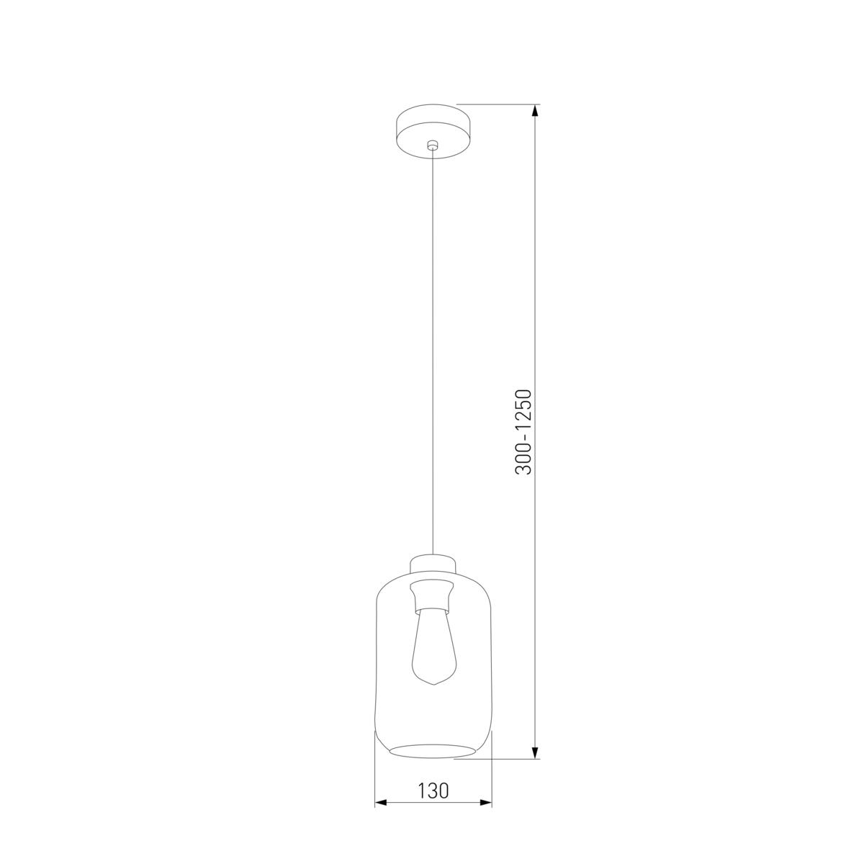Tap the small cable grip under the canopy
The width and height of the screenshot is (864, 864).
432,146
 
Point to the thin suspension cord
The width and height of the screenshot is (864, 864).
432,346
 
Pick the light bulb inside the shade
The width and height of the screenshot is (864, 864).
432,644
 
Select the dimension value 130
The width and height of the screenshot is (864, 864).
433,791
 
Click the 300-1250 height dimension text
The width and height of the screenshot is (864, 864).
523,432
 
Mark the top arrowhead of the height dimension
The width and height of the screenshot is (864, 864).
535,111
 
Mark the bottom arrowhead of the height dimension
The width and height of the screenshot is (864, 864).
535,752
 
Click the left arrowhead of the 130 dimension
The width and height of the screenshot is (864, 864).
381,802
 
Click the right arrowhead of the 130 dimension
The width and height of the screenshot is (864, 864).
486,802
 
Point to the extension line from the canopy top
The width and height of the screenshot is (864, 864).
497,105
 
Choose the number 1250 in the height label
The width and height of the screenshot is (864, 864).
523,412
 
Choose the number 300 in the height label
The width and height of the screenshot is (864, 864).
523,461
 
